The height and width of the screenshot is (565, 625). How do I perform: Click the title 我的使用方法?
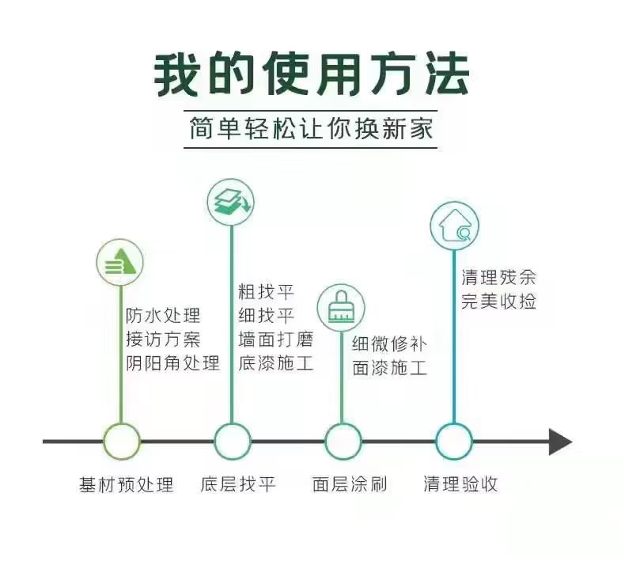[311, 74]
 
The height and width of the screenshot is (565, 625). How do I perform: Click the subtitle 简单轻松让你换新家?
[311, 128]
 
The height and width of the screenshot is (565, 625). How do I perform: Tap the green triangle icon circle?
[120, 263]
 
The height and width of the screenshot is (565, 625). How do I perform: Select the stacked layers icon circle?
[231, 202]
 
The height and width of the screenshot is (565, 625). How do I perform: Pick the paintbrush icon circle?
[341, 307]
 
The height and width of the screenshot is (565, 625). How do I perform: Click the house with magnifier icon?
[454, 226]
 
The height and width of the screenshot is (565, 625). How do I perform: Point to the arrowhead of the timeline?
[560, 442]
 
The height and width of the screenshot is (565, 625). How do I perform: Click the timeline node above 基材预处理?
[122, 442]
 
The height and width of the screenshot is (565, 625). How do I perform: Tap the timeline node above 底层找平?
[232, 442]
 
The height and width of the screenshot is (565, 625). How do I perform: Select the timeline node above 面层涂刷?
[343, 442]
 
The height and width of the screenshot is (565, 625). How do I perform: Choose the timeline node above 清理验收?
[454, 442]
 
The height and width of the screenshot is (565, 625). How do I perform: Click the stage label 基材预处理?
[127, 485]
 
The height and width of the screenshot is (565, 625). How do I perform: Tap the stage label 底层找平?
[238, 484]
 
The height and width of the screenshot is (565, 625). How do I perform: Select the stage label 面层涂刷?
[350, 484]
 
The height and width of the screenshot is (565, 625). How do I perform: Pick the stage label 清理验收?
[460, 484]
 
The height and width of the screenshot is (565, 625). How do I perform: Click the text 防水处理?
[163, 316]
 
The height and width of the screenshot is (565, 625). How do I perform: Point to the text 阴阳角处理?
[173, 363]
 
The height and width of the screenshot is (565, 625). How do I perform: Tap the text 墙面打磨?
[276, 339]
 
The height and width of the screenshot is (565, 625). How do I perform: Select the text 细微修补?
[389, 343]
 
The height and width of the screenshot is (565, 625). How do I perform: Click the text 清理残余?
[498, 277]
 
